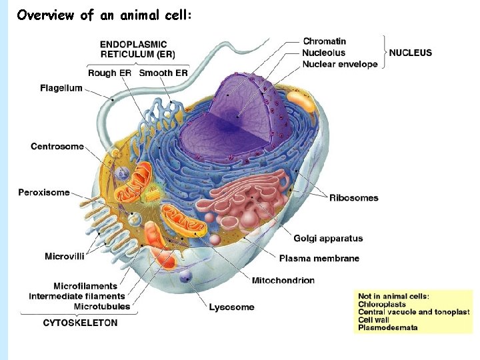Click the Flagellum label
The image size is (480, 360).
61,88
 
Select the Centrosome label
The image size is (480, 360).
57,147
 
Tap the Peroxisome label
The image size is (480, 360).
44,193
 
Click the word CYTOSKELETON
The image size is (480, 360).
80,323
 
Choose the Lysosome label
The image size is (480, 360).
231,307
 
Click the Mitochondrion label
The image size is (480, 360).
283,281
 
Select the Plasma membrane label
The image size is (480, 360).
319,259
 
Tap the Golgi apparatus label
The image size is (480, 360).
328,239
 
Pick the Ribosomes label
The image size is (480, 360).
353,198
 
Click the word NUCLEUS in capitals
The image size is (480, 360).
410,53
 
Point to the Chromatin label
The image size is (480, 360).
324,41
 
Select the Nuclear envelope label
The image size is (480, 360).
340,65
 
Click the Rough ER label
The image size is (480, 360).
110,73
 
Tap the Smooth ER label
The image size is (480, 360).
164,73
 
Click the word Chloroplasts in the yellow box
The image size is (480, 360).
382,304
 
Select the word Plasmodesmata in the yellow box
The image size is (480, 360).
388,327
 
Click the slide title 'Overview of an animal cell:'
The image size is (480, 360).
105,15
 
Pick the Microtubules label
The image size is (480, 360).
102,307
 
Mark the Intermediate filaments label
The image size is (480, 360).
77,296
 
